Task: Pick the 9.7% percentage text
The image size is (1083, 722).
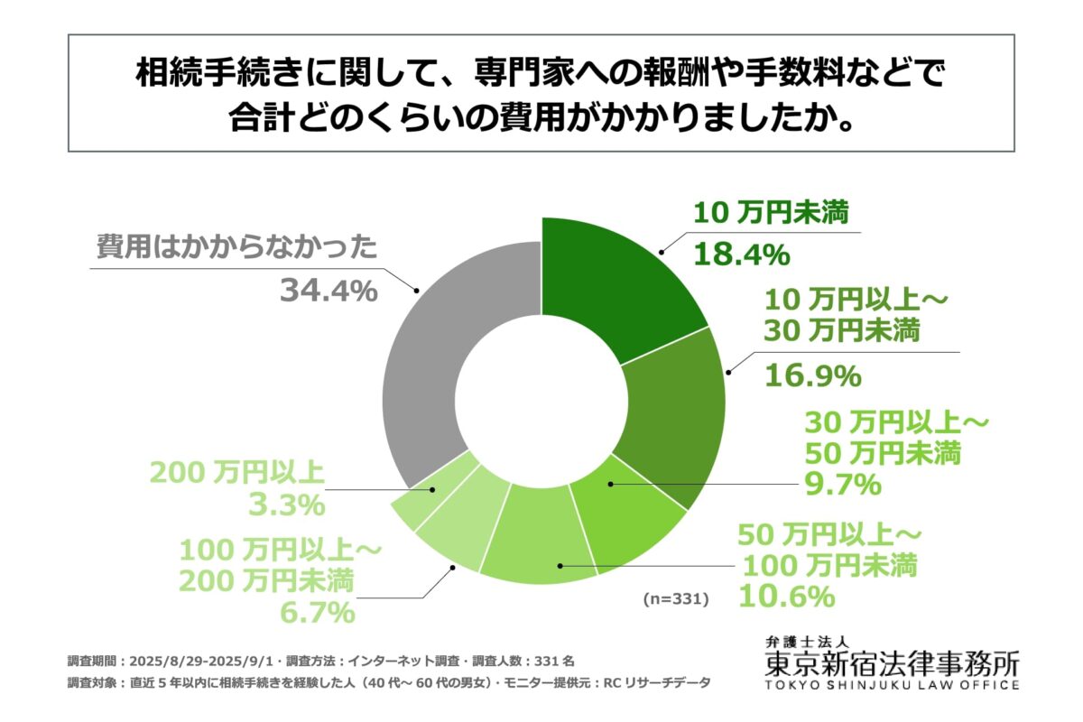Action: pyautogui.click(x=841, y=485)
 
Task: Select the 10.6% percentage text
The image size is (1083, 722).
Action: pyautogui.click(x=784, y=596)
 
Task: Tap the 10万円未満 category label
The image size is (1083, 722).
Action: pyautogui.click(x=767, y=215)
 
